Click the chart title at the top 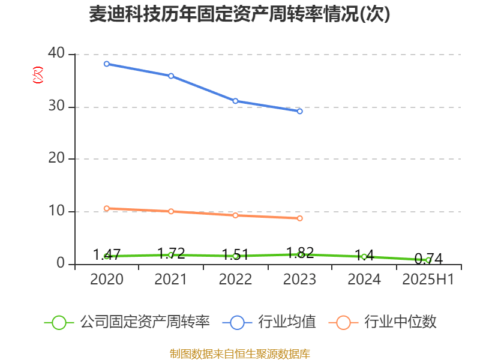coord(239,14)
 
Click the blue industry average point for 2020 coord(107,64)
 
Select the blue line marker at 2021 coord(171,76)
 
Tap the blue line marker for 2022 coord(235,101)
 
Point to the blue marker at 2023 coord(300,111)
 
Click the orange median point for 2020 coord(107,208)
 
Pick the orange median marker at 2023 coord(300,218)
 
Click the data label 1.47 coord(107,254)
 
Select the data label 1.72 coord(171,253)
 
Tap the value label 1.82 coord(300,253)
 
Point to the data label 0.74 coord(428,259)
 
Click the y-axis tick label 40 coord(57,53)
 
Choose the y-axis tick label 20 coord(57,159)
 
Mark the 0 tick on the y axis coord(61,264)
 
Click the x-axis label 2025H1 coord(428,280)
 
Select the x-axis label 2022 coord(235,280)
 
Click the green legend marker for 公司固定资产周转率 coord(59,323)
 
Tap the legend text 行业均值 coord(287,322)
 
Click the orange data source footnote coord(239,353)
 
